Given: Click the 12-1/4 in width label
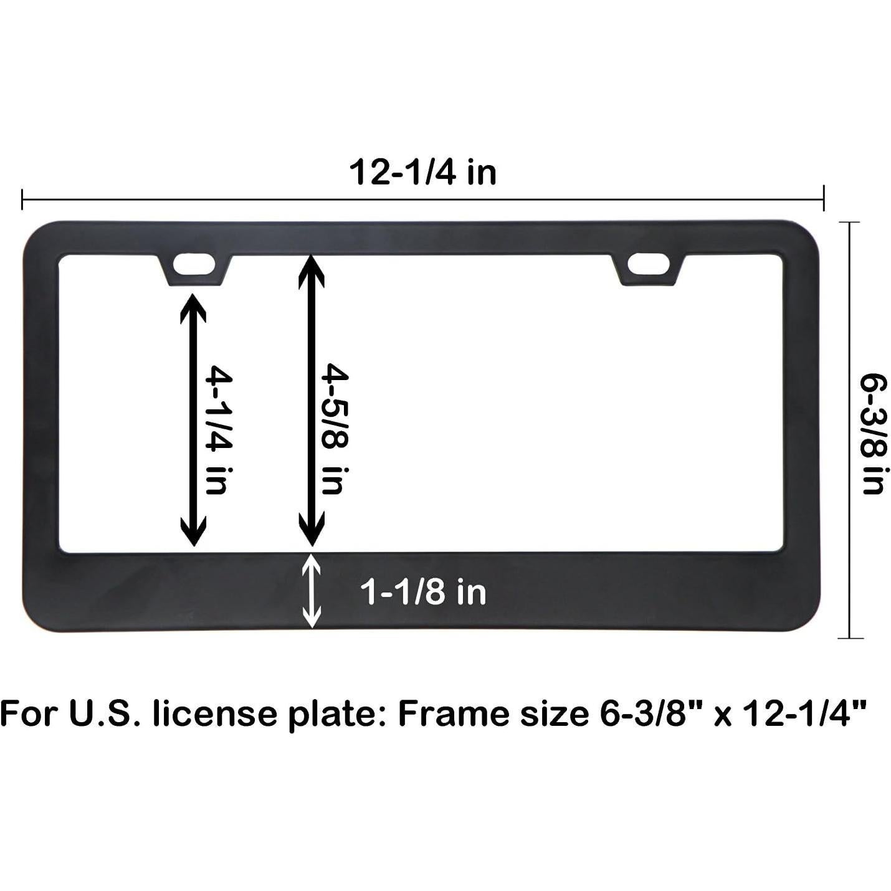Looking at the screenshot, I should [422, 173].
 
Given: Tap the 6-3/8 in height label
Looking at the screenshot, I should [872, 434].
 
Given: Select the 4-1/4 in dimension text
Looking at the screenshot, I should [219, 430].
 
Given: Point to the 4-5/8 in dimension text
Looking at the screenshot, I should [334, 430].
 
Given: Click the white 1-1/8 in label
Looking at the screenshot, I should [423, 592].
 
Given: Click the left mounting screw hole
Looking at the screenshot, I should [194, 264].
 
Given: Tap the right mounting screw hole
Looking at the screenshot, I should [648, 264].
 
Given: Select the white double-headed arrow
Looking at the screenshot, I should [312, 591].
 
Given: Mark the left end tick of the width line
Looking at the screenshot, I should [22, 200].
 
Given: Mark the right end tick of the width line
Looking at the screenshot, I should [824, 200].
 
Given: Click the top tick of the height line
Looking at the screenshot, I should [850, 222].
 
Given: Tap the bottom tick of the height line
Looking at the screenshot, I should [850, 638].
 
